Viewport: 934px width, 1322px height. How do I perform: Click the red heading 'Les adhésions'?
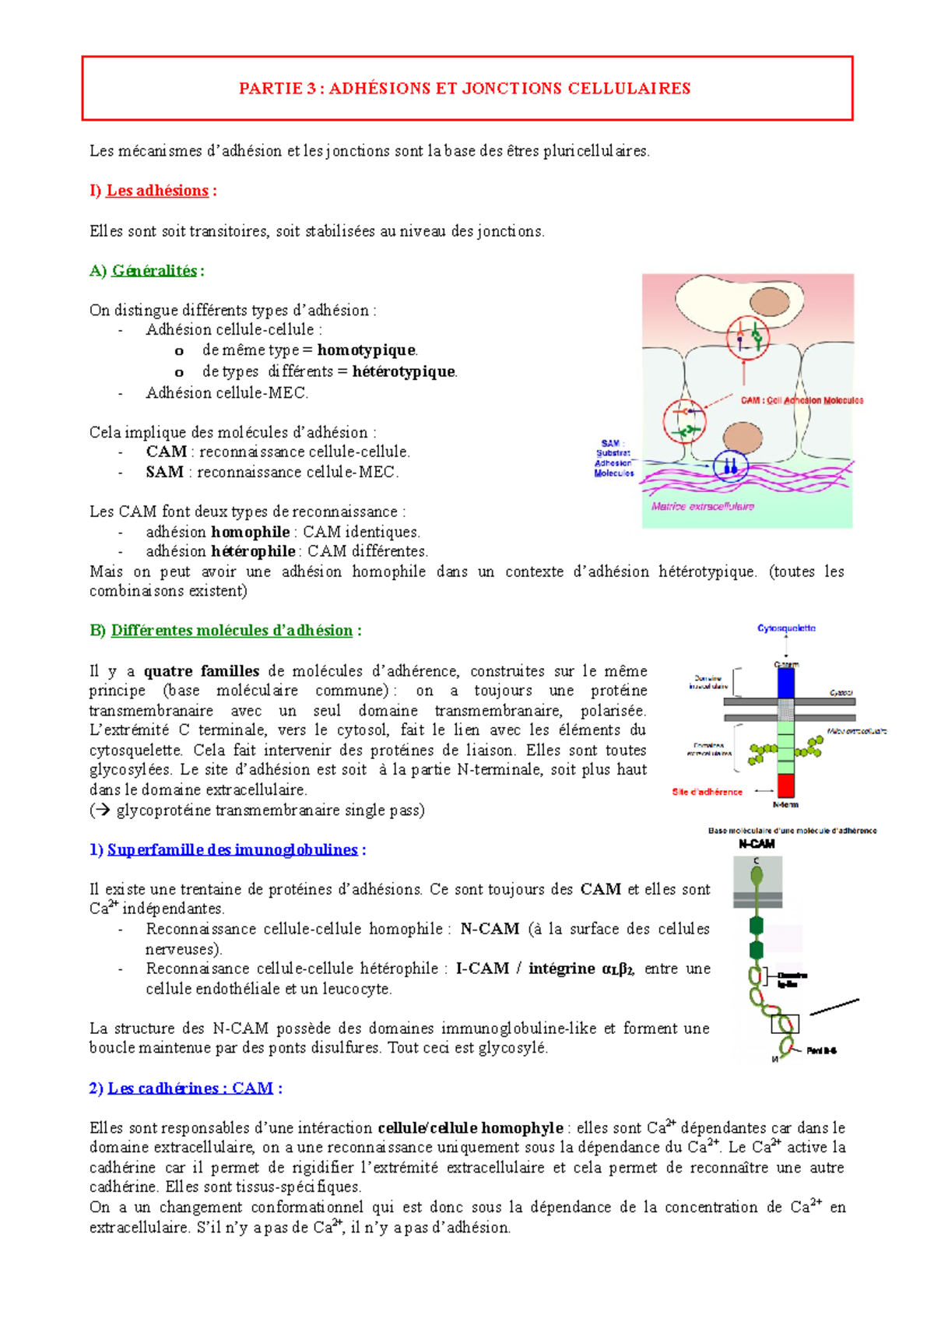click(157, 191)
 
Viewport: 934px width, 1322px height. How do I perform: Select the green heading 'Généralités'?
click(154, 271)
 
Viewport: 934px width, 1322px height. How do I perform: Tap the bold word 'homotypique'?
click(367, 350)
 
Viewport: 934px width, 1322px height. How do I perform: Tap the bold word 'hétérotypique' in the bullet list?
click(404, 371)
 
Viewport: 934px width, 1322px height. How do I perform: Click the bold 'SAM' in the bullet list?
click(164, 472)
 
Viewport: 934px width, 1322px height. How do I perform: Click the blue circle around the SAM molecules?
click(730, 466)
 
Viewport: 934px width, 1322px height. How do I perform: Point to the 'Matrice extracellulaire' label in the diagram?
click(703, 506)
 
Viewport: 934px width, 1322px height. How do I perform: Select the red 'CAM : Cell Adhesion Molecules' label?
click(802, 400)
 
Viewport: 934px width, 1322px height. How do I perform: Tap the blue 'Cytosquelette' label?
click(786, 628)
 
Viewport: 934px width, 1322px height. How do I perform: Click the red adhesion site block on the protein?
click(786, 785)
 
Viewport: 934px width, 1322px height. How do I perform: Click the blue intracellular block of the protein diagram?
click(786, 683)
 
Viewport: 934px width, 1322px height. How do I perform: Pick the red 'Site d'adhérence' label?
click(707, 792)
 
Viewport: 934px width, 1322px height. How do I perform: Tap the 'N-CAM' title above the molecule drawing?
click(757, 844)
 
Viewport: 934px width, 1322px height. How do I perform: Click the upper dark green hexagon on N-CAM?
click(756, 925)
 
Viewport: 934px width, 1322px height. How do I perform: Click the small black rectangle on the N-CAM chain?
click(785, 1024)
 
